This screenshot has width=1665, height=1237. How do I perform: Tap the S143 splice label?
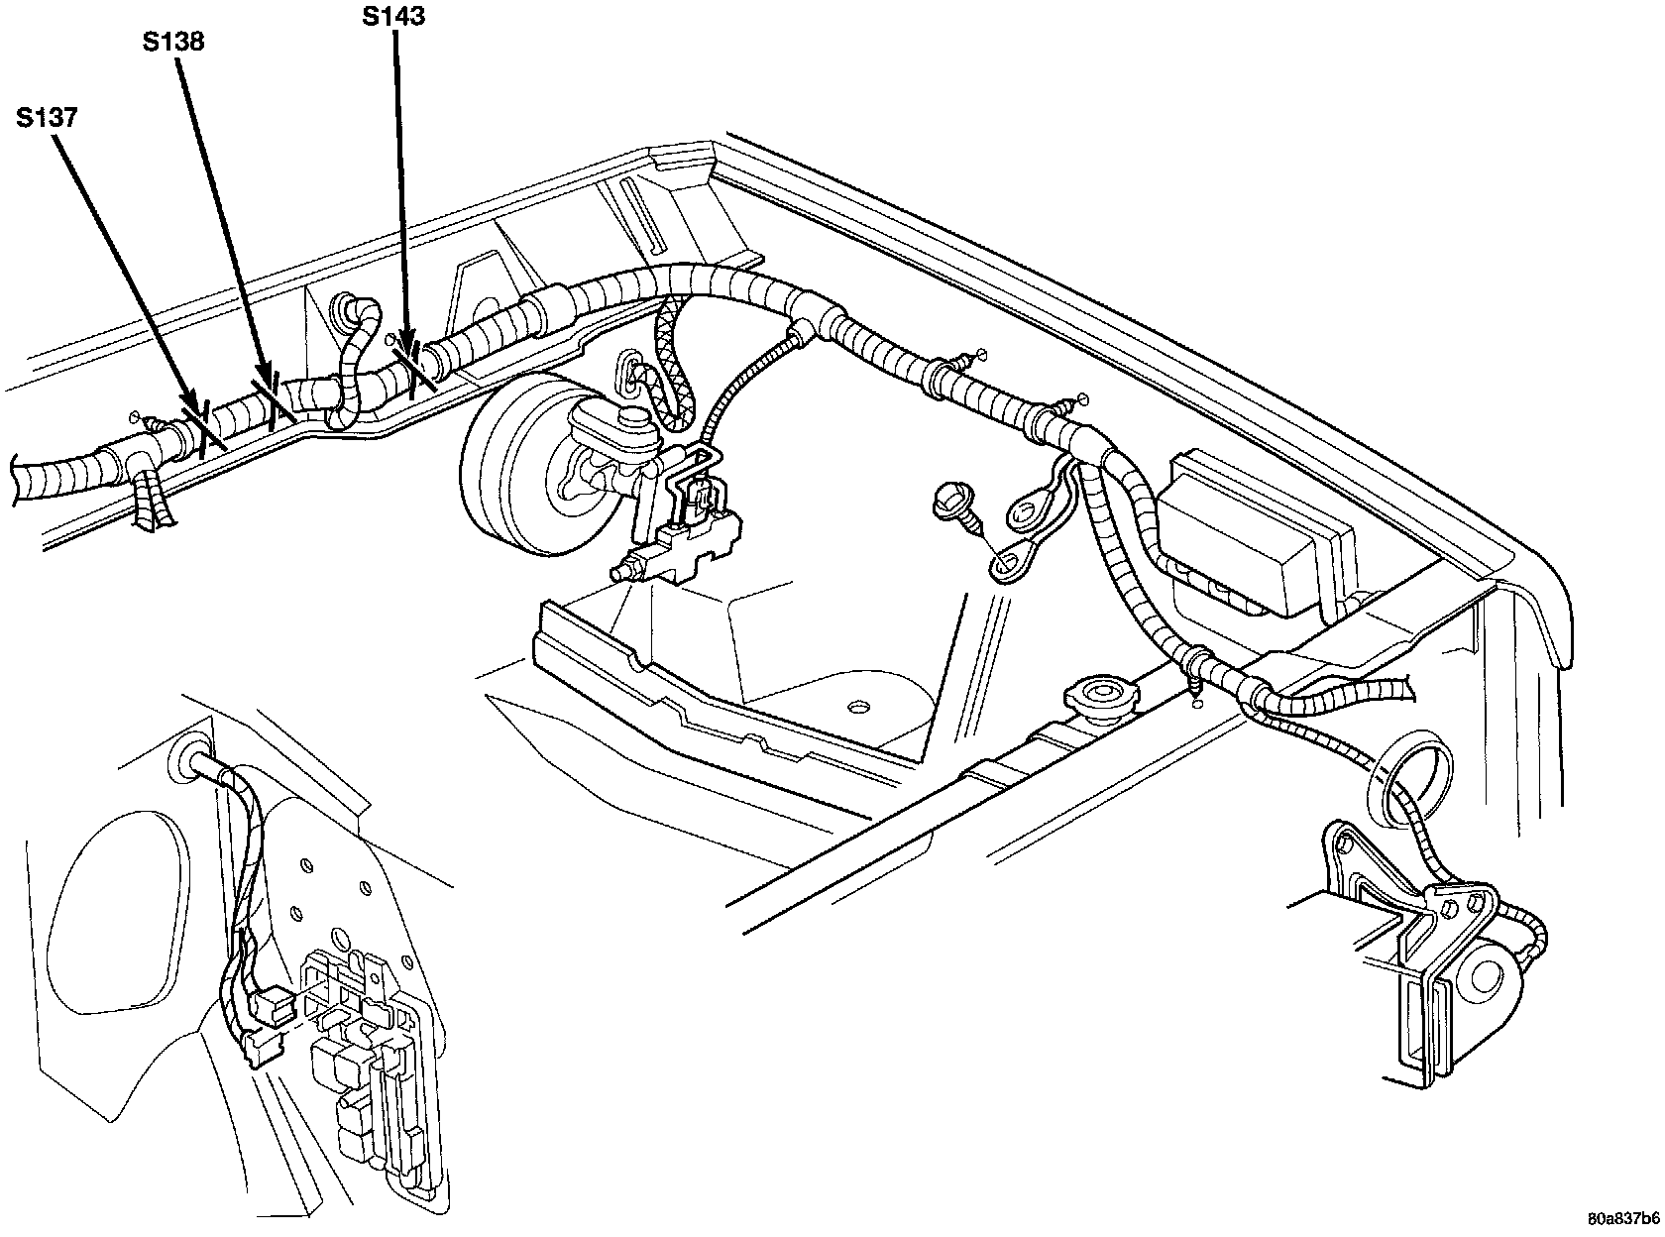393,17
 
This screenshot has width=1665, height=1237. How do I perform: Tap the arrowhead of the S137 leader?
194,415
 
